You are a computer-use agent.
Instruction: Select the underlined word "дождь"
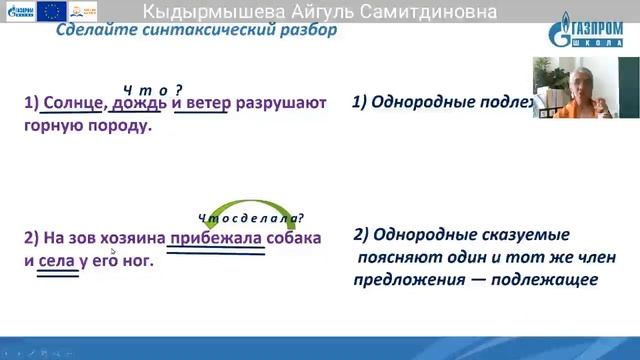tap(139, 103)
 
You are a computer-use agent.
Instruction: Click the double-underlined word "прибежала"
tap(215, 239)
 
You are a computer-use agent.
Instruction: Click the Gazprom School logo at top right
tap(590, 31)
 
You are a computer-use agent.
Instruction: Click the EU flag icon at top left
tap(51, 12)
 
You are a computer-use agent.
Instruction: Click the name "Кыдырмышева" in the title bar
tap(210, 12)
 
